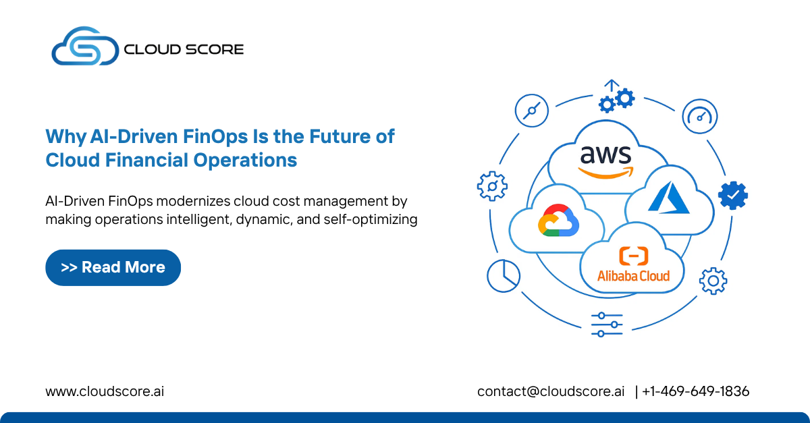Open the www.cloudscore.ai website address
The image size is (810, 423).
coord(105,391)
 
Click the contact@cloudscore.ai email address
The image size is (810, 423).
coord(551,391)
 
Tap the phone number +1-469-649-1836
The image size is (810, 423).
coord(695,391)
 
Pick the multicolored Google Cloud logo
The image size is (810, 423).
coord(556,221)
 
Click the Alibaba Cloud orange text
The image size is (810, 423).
coord(633,275)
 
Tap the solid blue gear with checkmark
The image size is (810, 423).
coord(732,195)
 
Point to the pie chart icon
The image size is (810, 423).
coord(503,275)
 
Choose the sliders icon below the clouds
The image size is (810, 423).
coord(606,325)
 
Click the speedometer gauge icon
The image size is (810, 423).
coord(699,116)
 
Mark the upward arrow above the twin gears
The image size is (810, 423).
coord(612,86)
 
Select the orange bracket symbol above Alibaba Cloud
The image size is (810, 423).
coord(633,256)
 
